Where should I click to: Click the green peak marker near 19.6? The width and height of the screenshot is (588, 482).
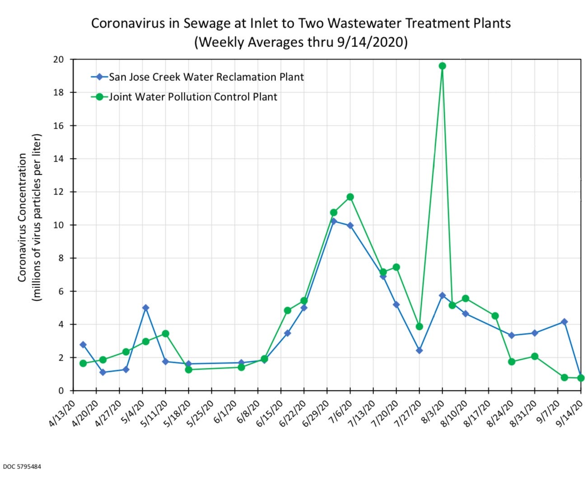442,66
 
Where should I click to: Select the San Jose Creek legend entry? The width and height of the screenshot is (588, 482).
206,77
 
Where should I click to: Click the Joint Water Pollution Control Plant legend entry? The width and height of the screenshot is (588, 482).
193,97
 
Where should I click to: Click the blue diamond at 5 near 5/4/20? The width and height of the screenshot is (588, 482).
145,308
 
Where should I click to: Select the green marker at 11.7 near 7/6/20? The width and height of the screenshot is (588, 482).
350,197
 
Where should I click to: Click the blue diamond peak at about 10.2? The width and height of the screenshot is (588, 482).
334,221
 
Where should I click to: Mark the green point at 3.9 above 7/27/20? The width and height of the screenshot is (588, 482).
419,326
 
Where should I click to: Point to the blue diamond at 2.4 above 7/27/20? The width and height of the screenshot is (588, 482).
419,350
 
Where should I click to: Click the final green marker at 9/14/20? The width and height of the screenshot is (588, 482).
581,378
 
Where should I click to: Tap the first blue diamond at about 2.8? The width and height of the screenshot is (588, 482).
83,345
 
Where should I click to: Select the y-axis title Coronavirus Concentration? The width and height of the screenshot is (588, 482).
22,218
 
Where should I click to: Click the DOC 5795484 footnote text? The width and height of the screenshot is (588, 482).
22,466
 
